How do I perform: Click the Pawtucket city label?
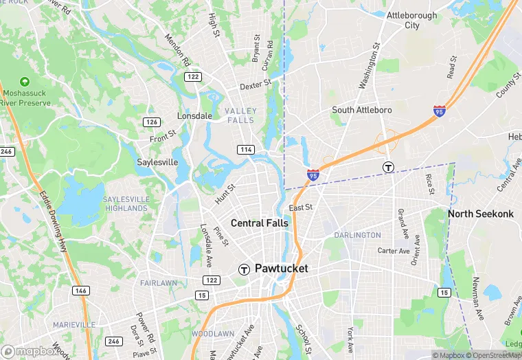282,269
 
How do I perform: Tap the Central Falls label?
260,223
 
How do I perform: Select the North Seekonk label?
481,214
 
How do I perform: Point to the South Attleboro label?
361,110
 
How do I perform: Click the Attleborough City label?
412,20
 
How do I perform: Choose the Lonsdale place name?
194,116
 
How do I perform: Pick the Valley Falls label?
240,115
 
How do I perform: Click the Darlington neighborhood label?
357,235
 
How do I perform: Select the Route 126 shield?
151,122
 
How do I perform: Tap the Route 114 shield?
246,149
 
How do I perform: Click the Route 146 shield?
80,291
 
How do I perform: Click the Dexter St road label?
256,85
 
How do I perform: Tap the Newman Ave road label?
477,300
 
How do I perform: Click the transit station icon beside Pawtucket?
243,269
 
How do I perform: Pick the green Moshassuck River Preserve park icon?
25,82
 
